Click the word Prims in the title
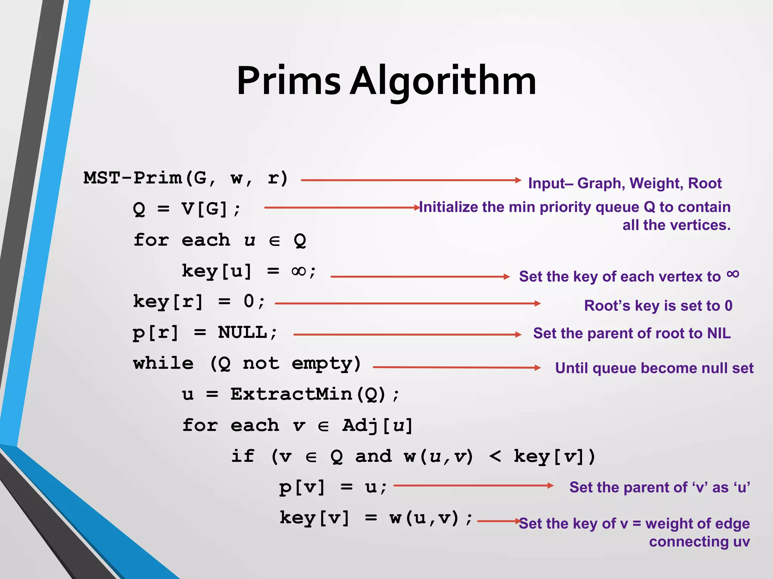(289, 81)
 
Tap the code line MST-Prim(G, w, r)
(186, 178)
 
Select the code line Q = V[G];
(186, 209)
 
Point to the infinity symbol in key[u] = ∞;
(299, 271)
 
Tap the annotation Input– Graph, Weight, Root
(625, 184)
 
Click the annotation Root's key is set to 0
(658, 306)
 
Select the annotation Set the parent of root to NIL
(632, 334)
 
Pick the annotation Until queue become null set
(654, 368)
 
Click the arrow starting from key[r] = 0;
(408, 303)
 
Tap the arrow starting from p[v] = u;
(473, 486)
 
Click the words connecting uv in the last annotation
(699, 542)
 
